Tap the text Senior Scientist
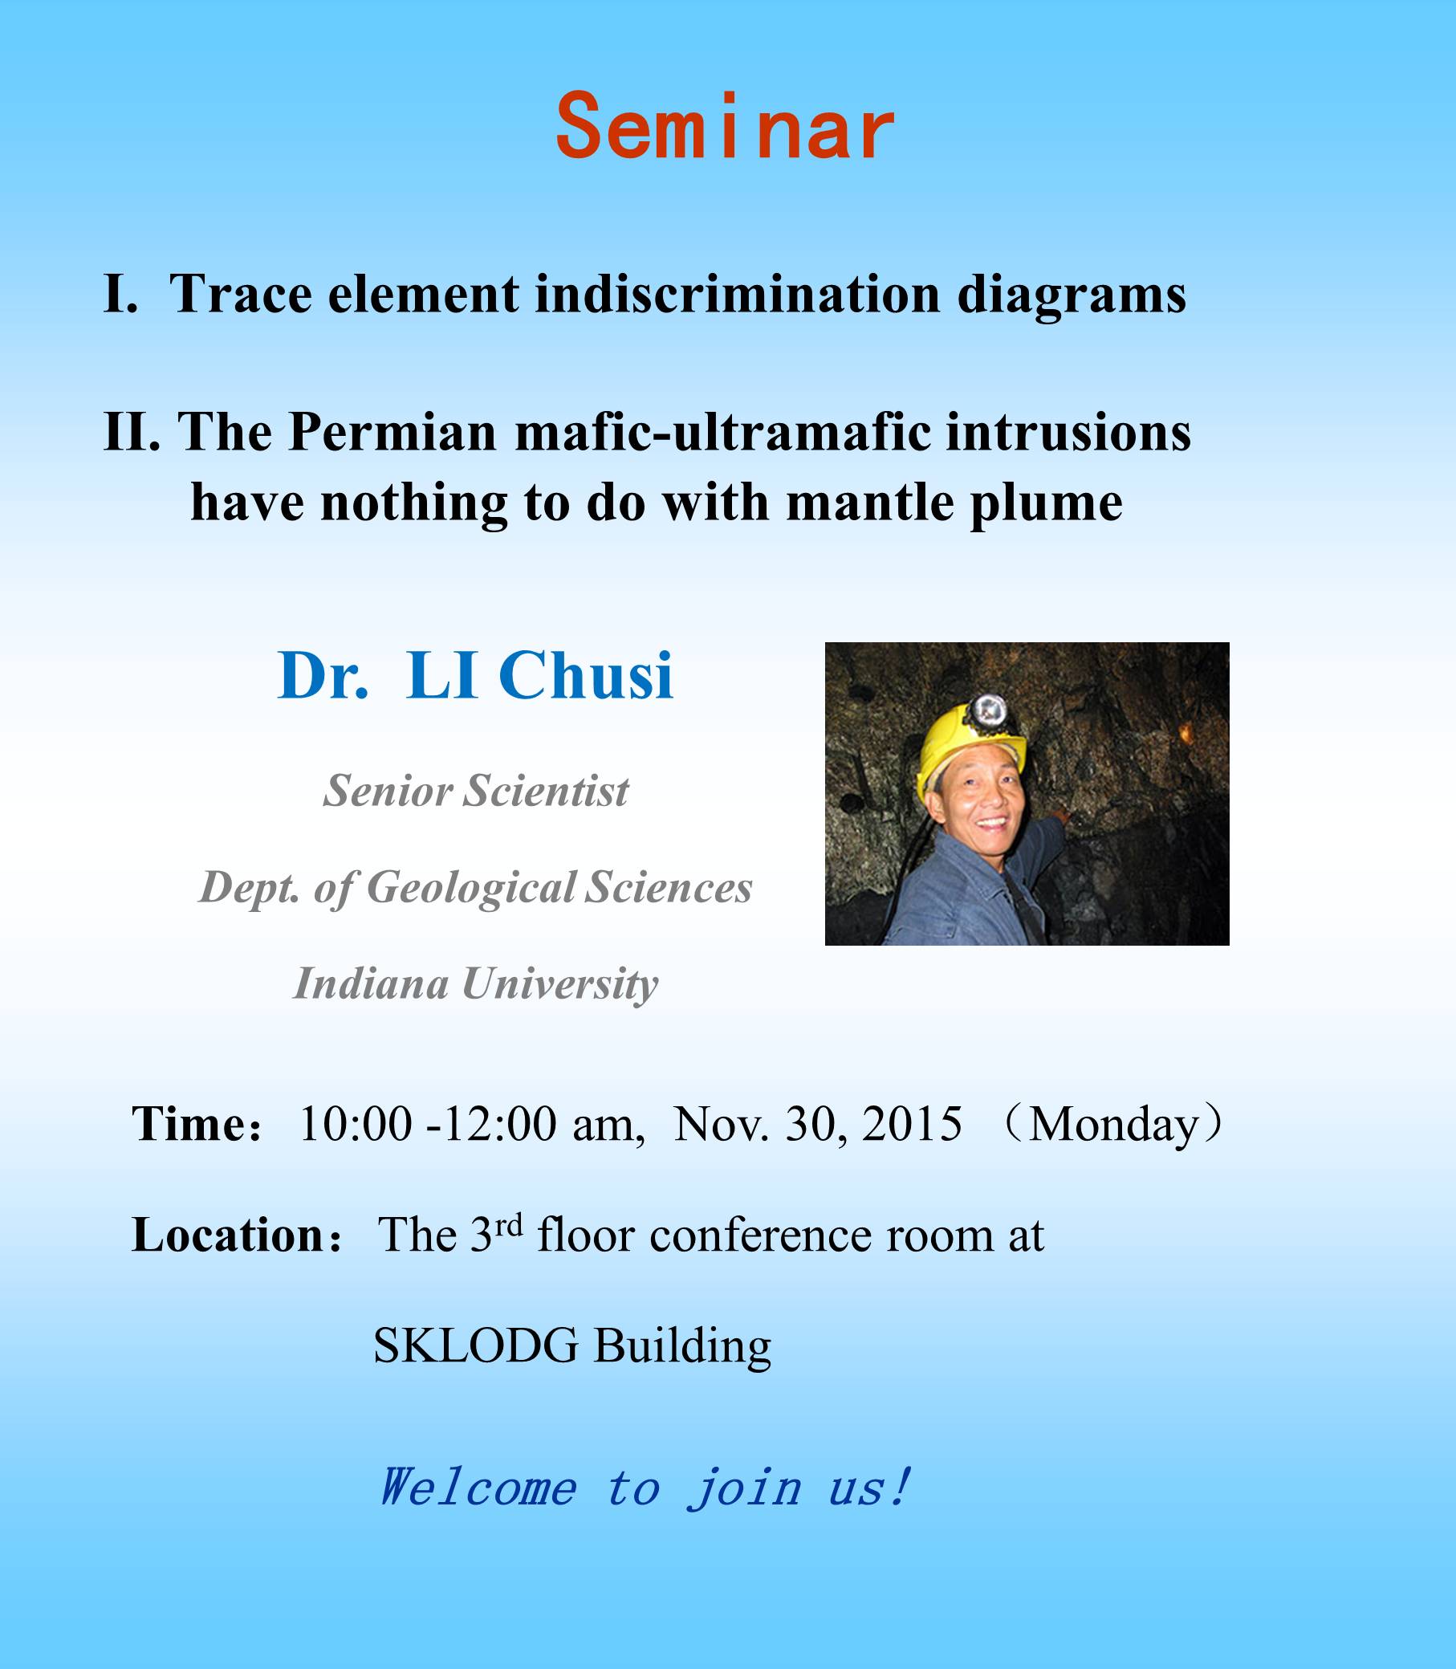click(476, 790)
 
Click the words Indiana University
click(476, 984)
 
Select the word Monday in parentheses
click(1113, 1126)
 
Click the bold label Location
click(229, 1236)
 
